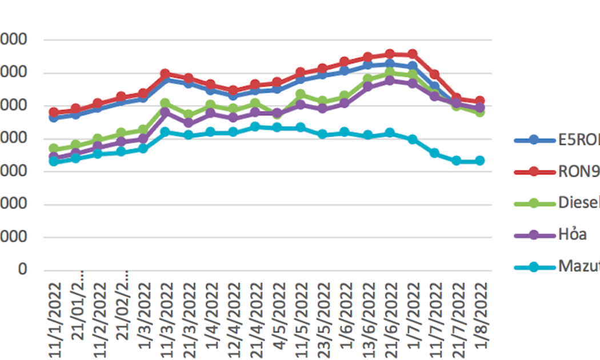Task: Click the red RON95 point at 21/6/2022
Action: [x=390, y=54]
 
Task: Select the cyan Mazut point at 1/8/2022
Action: [x=479, y=161]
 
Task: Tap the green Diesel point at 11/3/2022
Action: [x=166, y=103]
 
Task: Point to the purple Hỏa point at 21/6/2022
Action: [x=390, y=81]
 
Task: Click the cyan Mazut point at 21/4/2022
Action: [x=255, y=126]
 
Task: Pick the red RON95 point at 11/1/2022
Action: [x=54, y=113]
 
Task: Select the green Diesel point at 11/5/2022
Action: [x=300, y=94]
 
